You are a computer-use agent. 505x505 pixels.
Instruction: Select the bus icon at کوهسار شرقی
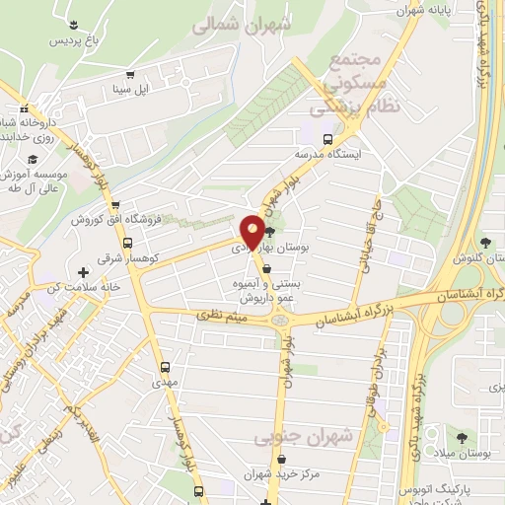[127, 243]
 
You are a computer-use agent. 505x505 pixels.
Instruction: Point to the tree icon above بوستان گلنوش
[484, 243]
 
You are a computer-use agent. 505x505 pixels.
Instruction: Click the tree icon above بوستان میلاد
[462, 434]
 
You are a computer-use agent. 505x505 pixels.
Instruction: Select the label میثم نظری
[224, 315]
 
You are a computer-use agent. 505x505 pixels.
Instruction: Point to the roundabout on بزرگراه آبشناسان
[281, 318]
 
